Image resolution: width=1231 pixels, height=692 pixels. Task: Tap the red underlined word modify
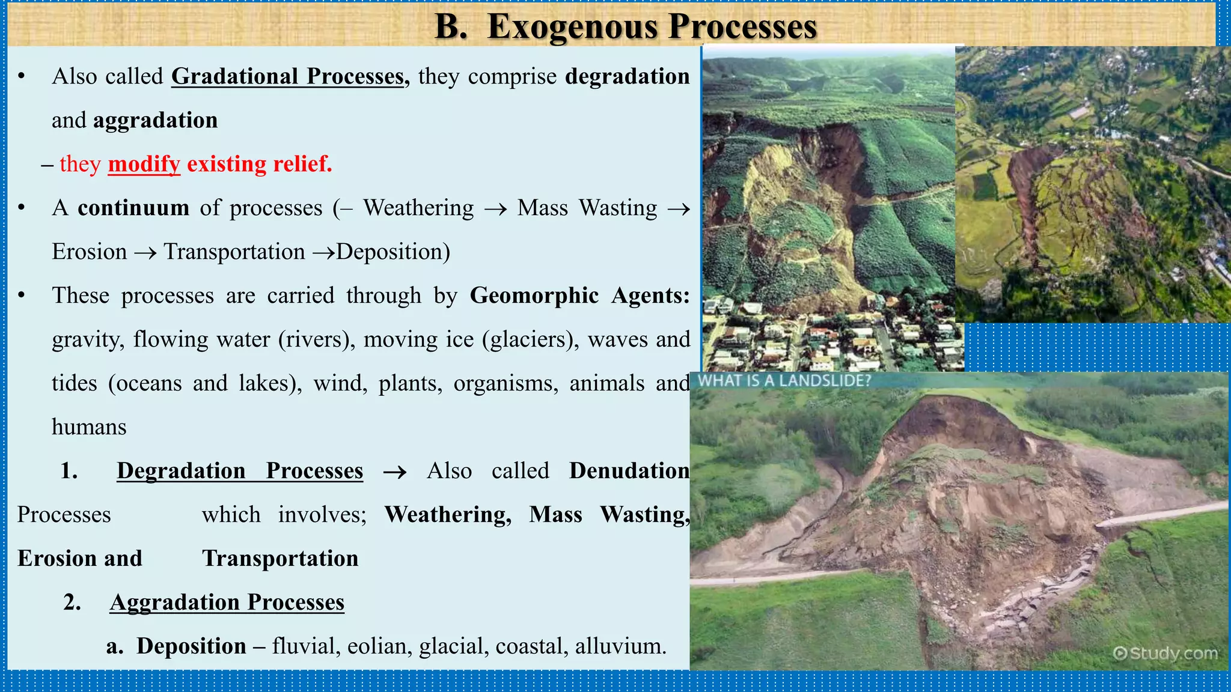pyautogui.click(x=144, y=164)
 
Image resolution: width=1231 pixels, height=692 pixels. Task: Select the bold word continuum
pyautogui.click(x=133, y=208)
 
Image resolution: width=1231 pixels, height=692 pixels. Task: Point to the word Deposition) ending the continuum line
pyautogui.click(x=393, y=252)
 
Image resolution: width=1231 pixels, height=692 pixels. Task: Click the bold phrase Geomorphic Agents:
pyautogui.click(x=579, y=296)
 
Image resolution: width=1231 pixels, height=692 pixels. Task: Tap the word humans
pyautogui.click(x=89, y=427)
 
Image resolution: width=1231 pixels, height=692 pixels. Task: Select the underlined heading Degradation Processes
pyautogui.click(x=240, y=471)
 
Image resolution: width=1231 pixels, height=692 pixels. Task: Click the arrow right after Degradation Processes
pyautogui.click(x=395, y=472)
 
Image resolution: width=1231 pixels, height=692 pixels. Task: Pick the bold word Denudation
pyautogui.click(x=629, y=471)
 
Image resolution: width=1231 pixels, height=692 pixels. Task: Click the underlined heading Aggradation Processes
pyautogui.click(x=227, y=602)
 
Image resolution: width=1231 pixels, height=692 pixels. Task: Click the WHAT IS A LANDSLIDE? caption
pyautogui.click(x=784, y=381)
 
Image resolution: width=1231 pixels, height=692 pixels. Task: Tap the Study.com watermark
pyautogui.click(x=1165, y=653)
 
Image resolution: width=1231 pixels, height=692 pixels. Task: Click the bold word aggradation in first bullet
pyautogui.click(x=155, y=121)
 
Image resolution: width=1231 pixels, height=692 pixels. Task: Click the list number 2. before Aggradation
pyautogui.click(x=72, y=602)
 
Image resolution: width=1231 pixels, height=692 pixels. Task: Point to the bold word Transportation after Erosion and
pyautogui.click(x=280, y=559)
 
